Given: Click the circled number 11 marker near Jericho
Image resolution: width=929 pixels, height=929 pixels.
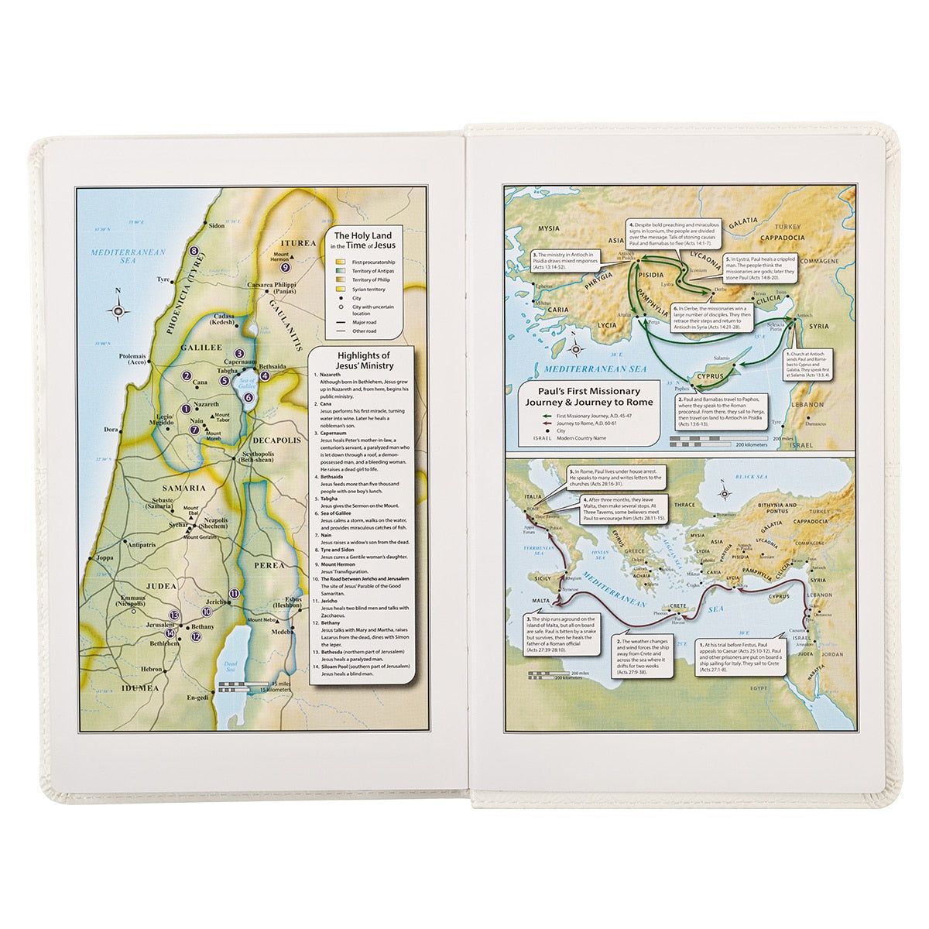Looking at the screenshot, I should click(234, 593).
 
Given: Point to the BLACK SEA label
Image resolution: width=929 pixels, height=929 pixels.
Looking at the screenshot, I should click(750, 478).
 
